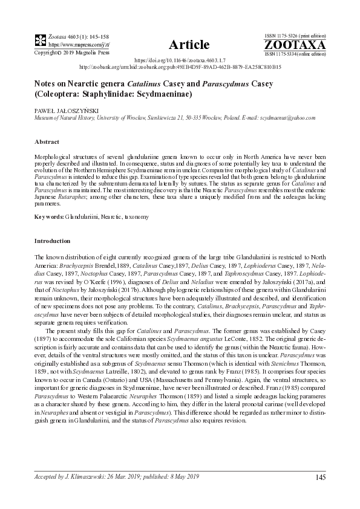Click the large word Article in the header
[189, 45]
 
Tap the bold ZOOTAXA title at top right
[295, 45]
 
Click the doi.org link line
[180, 60]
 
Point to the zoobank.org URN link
[180, 67]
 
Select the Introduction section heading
[53, 240]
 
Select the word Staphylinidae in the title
[113, 94]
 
